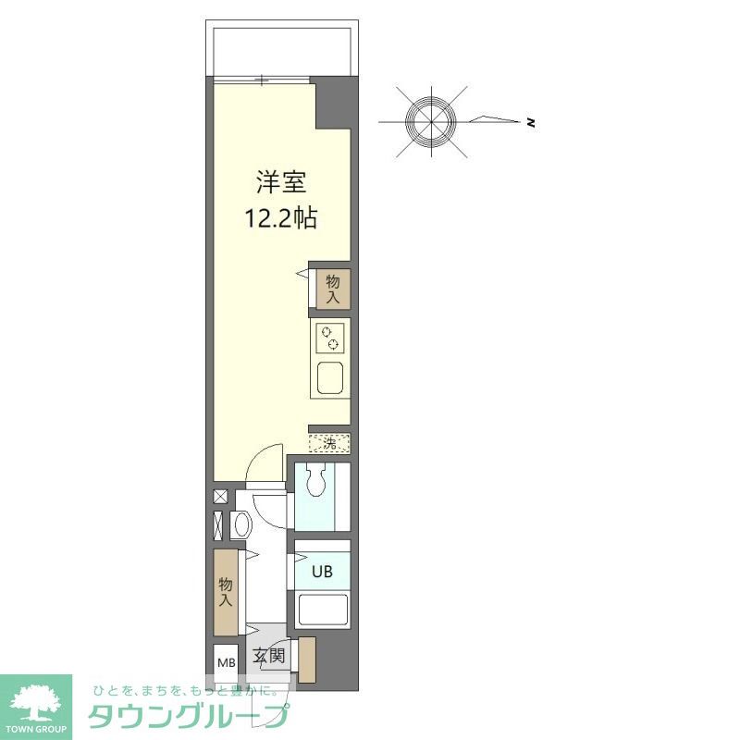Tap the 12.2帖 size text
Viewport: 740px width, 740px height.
click(x=281, y=218)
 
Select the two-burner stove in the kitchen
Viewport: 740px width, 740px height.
click(x=330, y=339)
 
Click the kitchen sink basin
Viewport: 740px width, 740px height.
click(x=330, y=378)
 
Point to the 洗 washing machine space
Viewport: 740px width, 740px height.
click(x=330, y=443)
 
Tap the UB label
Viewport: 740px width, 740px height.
click(x=321, y=570)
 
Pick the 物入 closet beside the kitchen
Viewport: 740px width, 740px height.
click(x=333, y=289)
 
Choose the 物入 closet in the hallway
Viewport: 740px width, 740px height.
click(x=226, y=592)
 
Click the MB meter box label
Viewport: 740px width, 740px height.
click(x=226, y=661)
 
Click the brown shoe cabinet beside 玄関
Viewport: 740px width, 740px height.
click(x=306, y=659)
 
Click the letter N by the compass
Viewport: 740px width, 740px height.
click(x=531, y=123)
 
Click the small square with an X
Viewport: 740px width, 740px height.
click(x=220, y=497)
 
